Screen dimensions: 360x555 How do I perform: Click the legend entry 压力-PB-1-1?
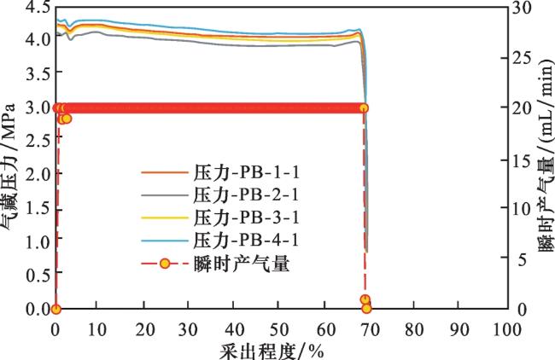click(x=247, y=173)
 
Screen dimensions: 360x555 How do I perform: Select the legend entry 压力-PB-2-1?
click(x=247, y=195)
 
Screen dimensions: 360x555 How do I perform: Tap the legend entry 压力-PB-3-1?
click(x=247, y=217)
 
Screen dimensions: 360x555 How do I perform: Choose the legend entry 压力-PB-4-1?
click(x=247, y=239)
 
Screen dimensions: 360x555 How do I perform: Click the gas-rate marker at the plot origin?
click(x=55, y=309)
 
